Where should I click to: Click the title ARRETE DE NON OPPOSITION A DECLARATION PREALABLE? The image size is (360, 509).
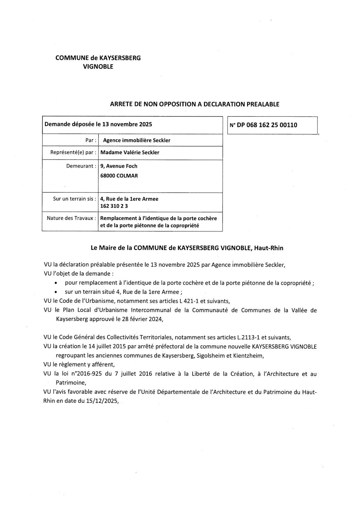[x=195, y=104]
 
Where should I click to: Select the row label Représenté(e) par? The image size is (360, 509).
[x=71, y=152]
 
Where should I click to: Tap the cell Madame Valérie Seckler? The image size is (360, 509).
[x=130, y=152]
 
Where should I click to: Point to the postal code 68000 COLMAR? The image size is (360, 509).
[x=119, y=176]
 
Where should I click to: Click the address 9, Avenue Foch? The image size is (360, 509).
[x=119, y=166]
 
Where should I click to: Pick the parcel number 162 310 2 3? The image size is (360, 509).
[x=114, y=206]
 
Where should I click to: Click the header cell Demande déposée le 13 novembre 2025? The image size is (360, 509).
[x=98, y=124]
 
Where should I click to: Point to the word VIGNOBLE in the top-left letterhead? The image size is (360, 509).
[x=98, y=67]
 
